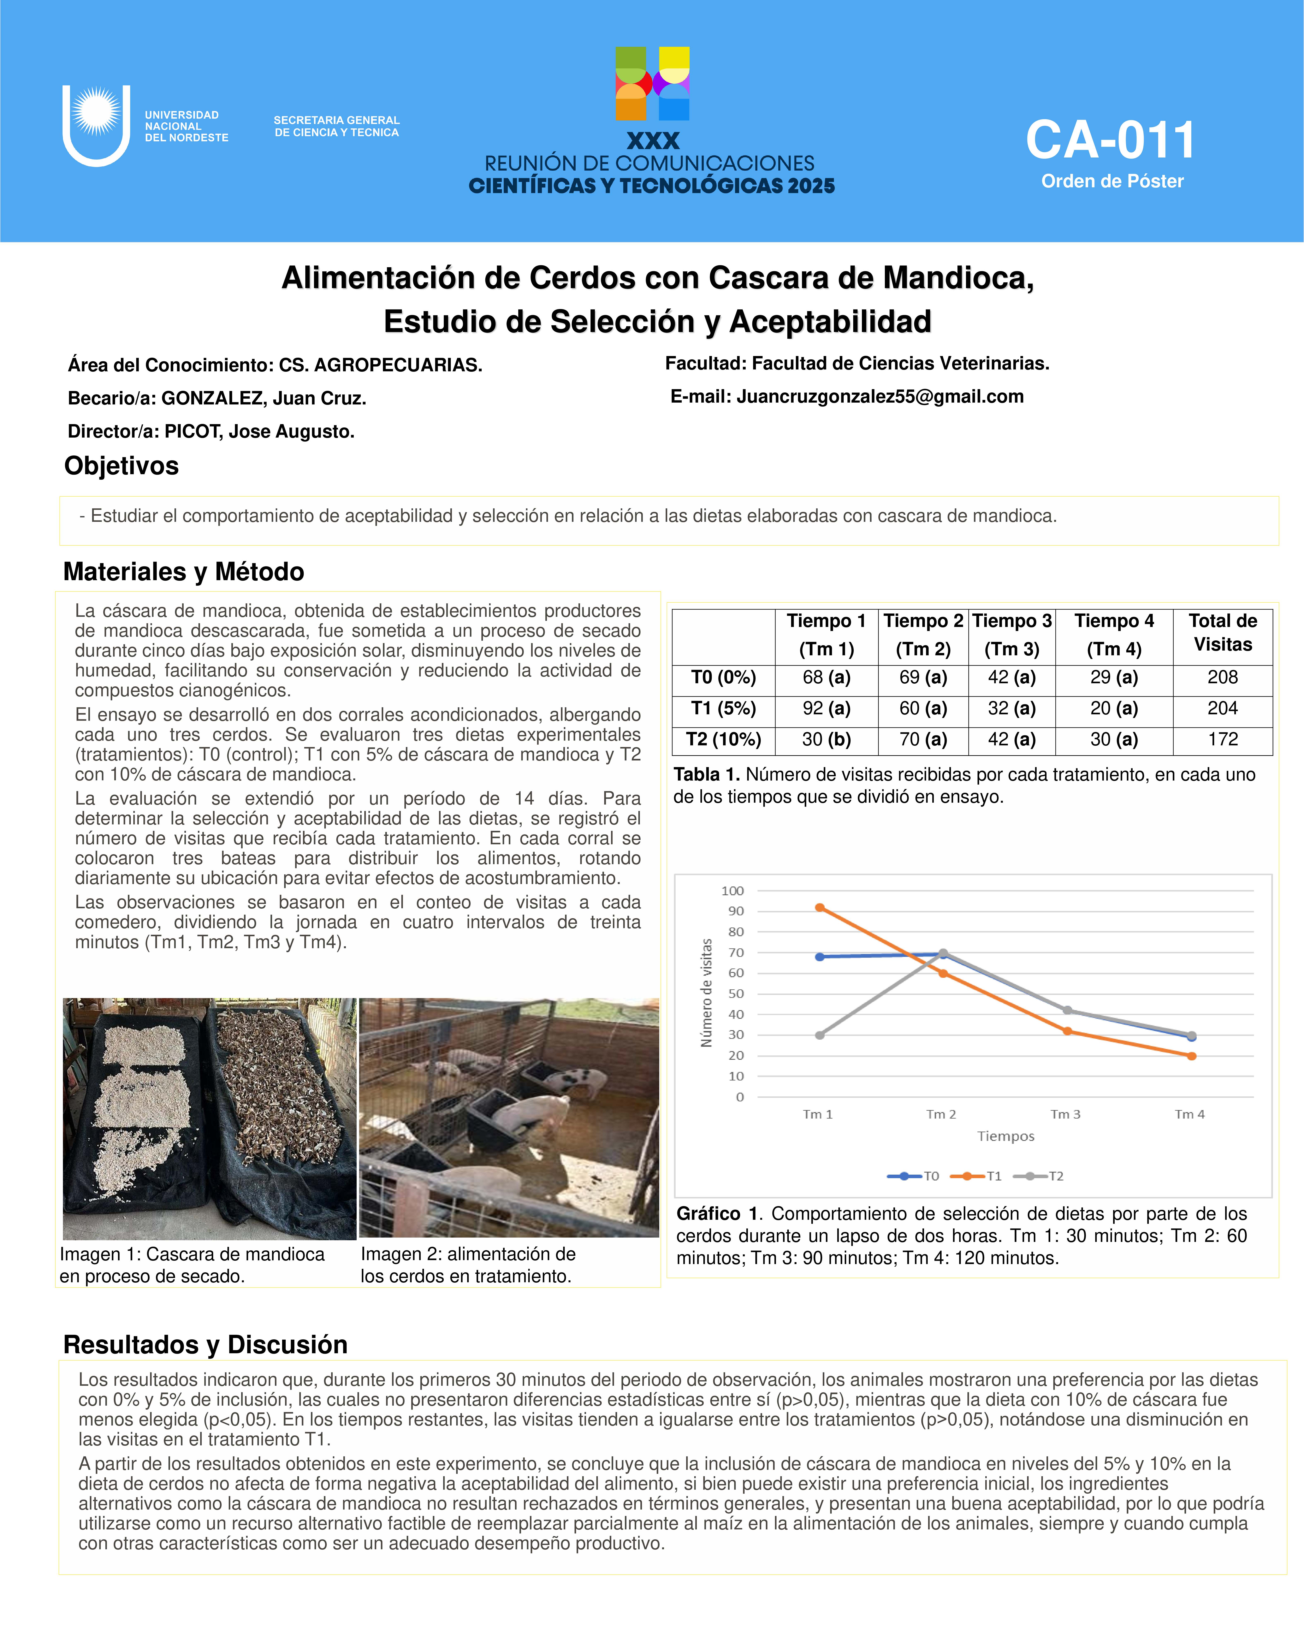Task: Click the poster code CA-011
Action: coord(1110,141)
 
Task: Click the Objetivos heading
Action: coord(122,466)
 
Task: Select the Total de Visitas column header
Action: coord(1222,633)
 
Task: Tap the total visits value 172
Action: coord(1222,739)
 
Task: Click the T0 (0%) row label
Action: coord(723,677)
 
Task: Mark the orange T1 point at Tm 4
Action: coord(1191,1056)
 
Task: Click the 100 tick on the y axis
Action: coord(733,891)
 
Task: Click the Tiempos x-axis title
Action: coord(1005,1136)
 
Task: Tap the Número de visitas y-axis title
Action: coord(707,993)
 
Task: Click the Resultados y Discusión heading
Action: coord(206,1345)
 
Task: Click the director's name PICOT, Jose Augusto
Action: coord(259,432)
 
